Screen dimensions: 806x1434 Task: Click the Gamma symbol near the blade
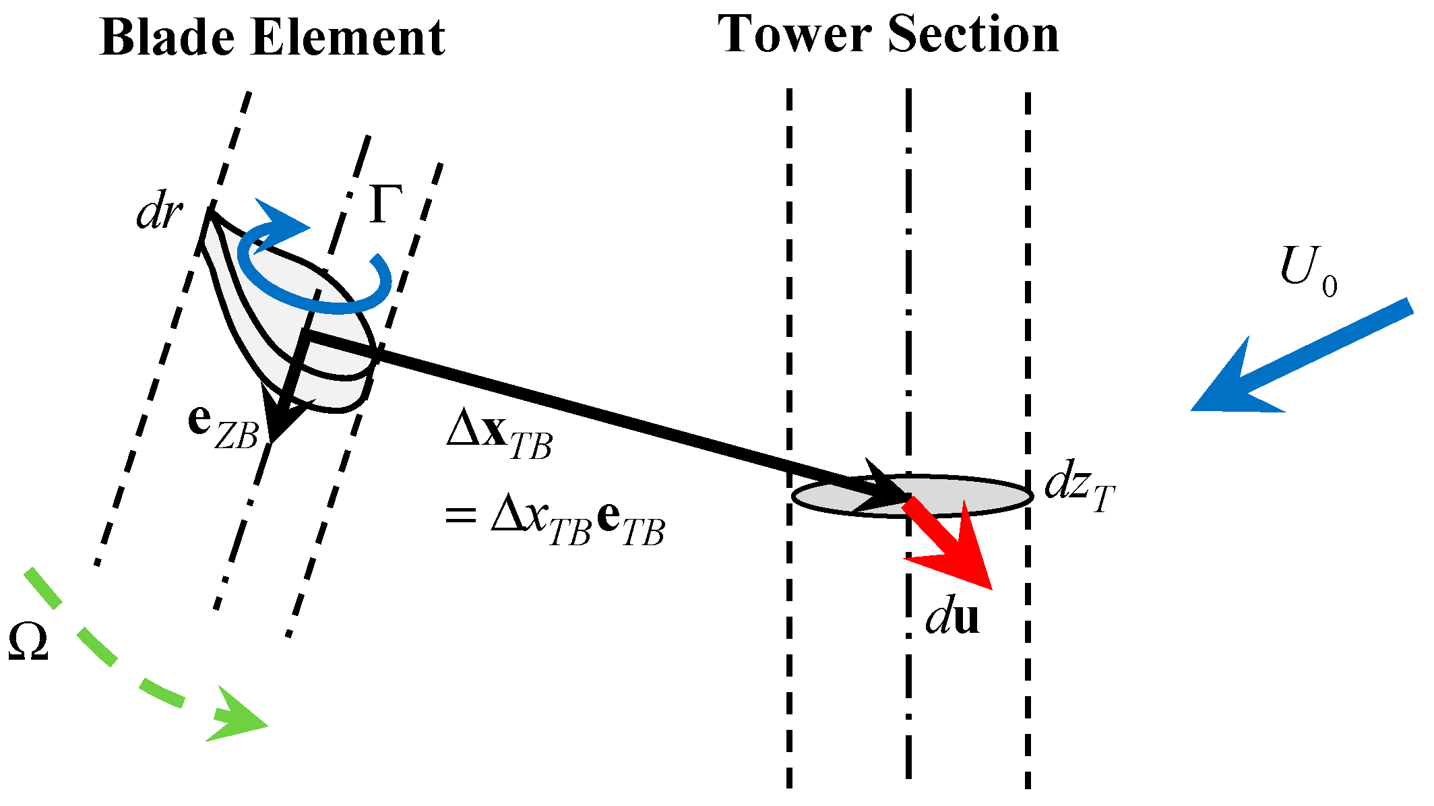(x=385, y=204)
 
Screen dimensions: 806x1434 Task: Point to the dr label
(x=159, y=214)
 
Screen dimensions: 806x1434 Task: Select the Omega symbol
(x=28, y=642)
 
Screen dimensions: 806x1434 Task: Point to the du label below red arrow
(x=952, y=617)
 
